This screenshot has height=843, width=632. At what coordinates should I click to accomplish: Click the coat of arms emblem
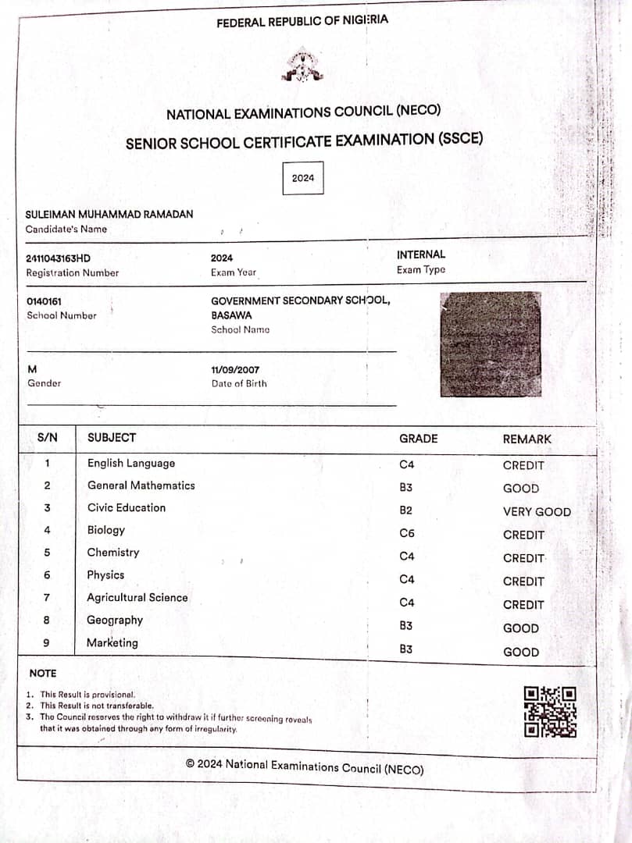coord(302,66)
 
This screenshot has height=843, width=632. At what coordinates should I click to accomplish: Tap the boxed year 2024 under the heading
coord(303,178)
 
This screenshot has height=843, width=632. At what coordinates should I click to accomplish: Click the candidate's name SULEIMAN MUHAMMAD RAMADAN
coord(109,214)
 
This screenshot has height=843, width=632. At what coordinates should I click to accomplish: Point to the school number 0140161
coord(44,301)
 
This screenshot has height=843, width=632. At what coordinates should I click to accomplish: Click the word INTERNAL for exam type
coord(421,254)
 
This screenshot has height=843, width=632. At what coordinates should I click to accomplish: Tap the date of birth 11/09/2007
coord(235,369)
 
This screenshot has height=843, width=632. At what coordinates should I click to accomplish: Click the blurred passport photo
coord(491,343)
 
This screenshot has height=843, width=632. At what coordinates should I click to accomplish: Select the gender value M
coord(32,369)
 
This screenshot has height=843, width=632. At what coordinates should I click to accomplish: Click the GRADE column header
coord(418,439)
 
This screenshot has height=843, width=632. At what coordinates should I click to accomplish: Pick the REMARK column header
coord(527,439)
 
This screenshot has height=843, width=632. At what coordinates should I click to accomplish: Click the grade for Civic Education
coord(405,510)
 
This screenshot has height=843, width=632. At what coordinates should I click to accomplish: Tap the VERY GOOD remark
coord(537,512)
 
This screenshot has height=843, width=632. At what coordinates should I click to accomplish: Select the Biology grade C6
coord(406,534)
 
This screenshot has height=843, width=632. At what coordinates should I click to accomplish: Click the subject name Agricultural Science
coord(137,598)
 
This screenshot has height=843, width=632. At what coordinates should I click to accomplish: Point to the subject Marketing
coord(112,643)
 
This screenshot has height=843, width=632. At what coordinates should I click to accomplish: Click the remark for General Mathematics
coord(521,489)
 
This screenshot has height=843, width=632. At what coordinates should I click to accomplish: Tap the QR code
coord(550,711)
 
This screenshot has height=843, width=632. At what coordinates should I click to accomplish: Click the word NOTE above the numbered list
coord(43,673)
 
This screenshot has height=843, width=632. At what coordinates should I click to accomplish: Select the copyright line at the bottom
coord(305,767)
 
